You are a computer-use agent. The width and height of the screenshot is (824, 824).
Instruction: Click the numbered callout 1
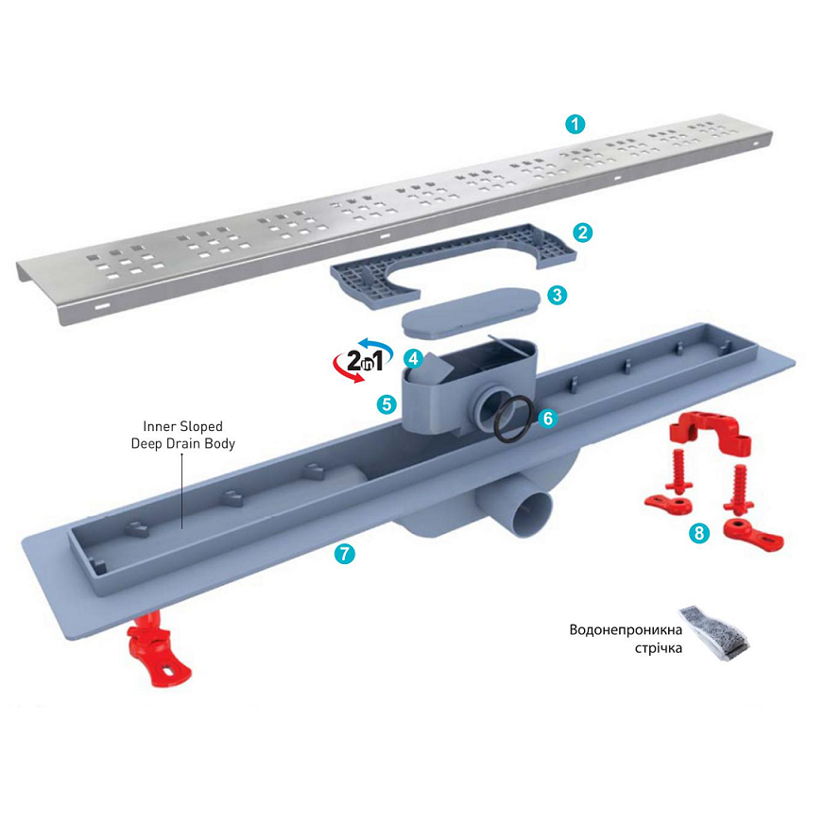click(575, 125)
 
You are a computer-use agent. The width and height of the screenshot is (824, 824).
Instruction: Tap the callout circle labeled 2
click(582, 232)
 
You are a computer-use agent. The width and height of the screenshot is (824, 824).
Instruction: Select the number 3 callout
click(557, 295)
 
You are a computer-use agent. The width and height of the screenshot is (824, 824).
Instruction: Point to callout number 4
click(414, 359)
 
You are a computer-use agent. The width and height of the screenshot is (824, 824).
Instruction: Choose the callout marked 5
click(386, 404)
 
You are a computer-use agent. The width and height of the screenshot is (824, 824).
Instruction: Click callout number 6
click(547, 419)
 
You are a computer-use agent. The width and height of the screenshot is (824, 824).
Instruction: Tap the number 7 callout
click(345, 554)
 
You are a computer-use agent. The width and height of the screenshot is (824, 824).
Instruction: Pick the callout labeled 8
click(699, 533)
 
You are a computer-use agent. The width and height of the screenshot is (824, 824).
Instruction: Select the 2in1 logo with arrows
click(364, 361)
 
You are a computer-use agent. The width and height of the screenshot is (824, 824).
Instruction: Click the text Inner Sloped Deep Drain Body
click(183, 435)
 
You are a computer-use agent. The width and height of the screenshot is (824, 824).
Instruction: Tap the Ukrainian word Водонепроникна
click(626, 629)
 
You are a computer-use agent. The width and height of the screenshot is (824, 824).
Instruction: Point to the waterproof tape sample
click(714, 634)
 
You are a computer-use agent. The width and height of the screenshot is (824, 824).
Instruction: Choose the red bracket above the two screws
click(710, 429)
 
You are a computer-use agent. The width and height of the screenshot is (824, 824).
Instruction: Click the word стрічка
click(659, 648)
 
